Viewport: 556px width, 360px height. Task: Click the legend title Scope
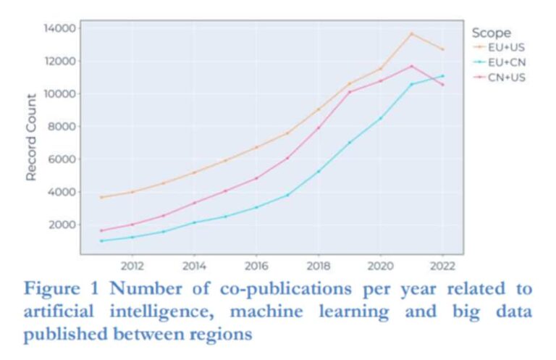(491, 33)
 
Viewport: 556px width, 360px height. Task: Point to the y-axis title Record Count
(32, 138)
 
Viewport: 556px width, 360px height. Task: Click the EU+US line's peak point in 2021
(412, 33)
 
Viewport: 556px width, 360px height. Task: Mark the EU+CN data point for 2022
(442, 75)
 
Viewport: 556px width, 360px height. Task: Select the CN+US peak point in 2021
(412, 66)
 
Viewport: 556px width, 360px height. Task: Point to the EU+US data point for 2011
(101, 197)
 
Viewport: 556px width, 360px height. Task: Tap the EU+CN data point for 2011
(101, 240)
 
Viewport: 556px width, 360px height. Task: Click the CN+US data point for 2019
(350, 91)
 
